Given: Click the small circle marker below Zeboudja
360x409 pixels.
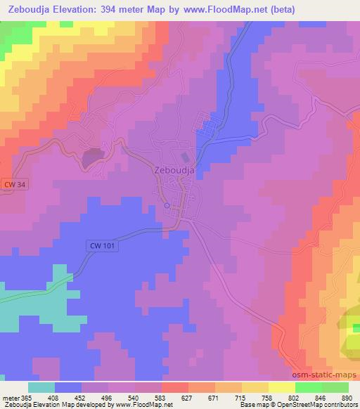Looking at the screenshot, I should click(167, 206).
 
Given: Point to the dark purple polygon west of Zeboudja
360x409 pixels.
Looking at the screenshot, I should click(92, 157).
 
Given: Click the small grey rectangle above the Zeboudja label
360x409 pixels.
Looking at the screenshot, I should click(186, 157).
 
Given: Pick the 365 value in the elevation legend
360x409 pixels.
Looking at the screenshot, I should click(25, 398).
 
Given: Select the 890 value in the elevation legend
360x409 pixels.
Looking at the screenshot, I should click(347, 398).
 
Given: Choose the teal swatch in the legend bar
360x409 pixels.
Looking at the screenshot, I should click(41, 387).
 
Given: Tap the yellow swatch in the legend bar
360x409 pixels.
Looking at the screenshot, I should click(282, 387).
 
